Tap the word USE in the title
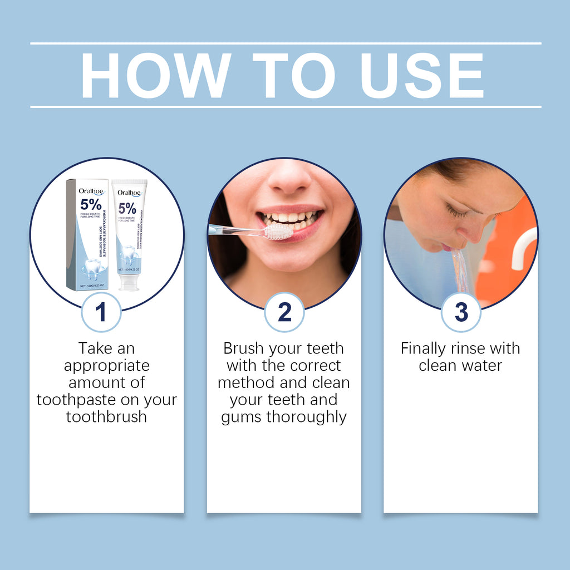(422, 76)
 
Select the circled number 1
(101, 312)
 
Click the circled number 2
(284, 312)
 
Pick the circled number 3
(461, 312)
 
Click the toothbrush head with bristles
(278, 232)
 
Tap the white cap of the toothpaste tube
(129, 282)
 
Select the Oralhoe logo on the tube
(129, 193)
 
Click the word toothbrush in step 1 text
(106, 417)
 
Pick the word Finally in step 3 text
(424, 348)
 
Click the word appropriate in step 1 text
(106, 366)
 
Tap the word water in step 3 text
(482, 366)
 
